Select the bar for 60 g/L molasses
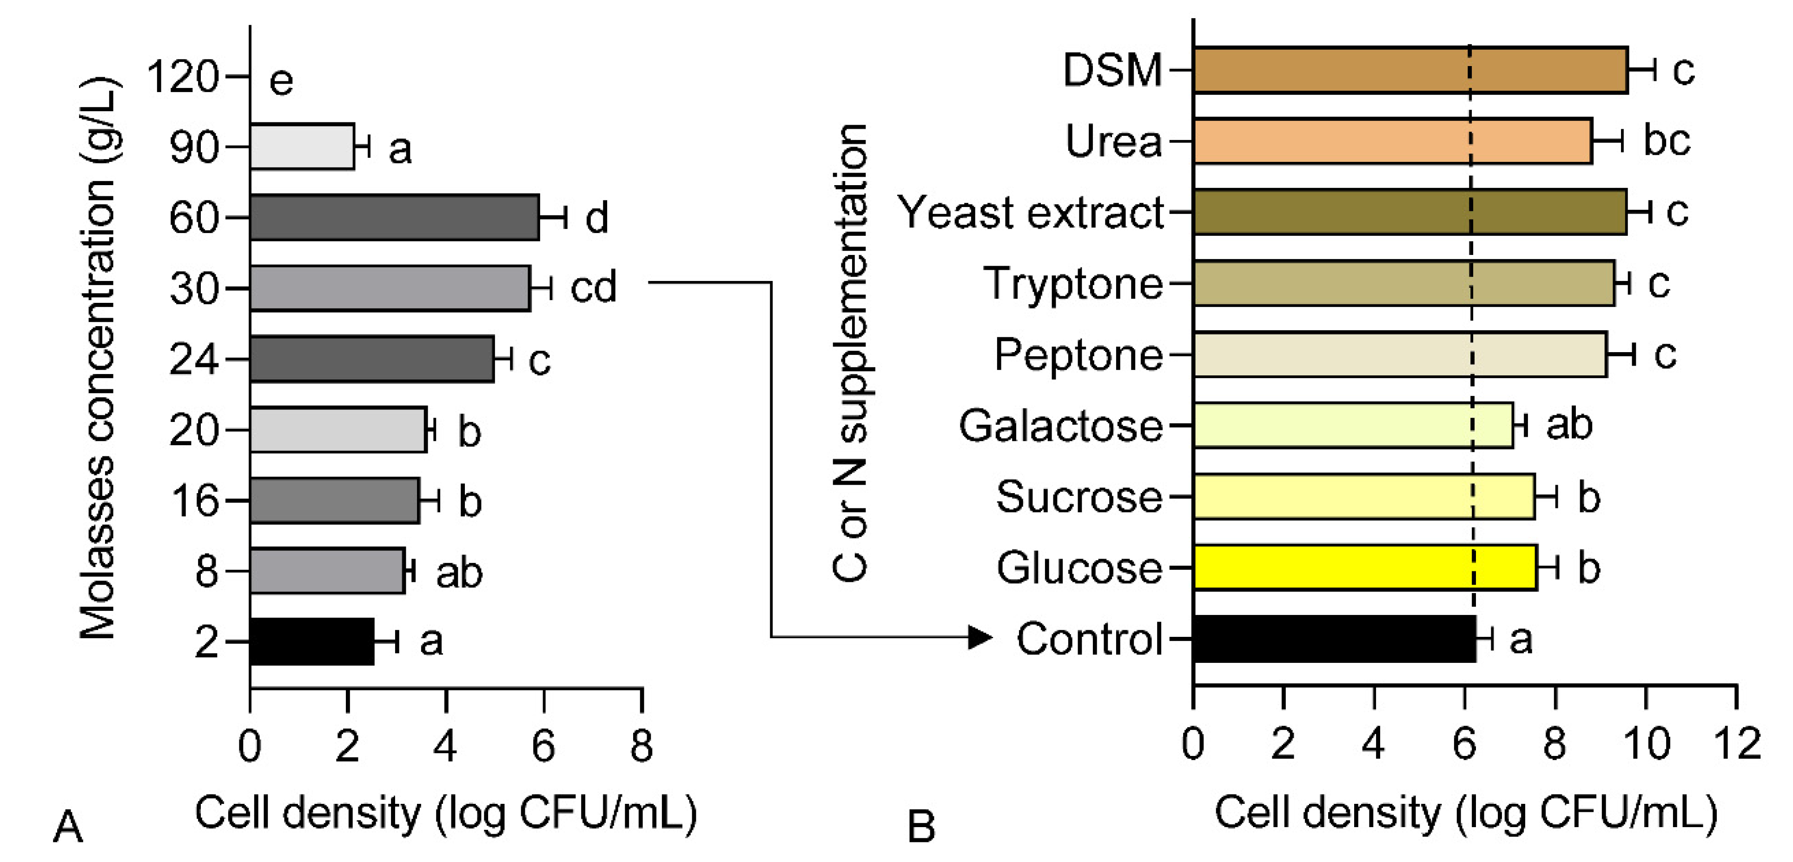click(x=394, y=217)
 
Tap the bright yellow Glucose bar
click(x=1364, y=568)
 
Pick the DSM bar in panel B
click(x=1409, y=70)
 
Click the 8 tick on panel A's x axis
click(x=641, y=746)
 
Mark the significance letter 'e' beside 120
click(x=281, y=81)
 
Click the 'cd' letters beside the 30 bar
click(x=594, y=287)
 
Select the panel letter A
click(x=68, y=827)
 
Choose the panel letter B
click(x=921, y=827)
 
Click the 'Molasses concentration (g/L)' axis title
click(x=98, y=359)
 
